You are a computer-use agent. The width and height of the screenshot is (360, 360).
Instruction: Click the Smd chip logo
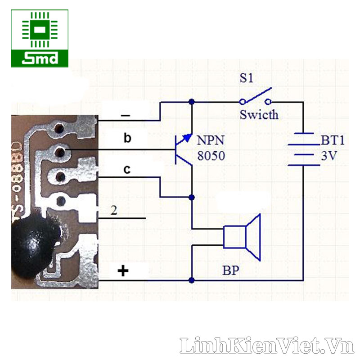40,38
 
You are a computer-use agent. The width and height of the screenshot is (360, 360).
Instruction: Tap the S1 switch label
246,78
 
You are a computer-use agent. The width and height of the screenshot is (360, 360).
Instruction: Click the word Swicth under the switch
259,115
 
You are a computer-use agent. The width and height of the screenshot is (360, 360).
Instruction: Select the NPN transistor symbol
184,149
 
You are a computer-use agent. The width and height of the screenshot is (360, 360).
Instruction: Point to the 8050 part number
211,156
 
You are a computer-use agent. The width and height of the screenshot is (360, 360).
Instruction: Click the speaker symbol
242,237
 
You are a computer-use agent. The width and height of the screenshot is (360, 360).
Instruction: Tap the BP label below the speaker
231,270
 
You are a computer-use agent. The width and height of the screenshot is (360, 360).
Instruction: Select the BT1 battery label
333,140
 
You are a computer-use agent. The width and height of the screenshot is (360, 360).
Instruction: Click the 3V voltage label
329,156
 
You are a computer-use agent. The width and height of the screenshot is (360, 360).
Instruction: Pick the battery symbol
303,149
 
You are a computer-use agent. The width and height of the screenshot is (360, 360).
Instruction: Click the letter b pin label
127,138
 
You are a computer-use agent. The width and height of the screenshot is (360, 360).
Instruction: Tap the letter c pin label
127,170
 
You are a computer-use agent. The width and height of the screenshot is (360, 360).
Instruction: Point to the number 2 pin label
114,210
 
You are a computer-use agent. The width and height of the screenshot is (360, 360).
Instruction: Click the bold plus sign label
123,270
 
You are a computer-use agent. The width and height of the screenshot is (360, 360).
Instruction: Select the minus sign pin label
126,115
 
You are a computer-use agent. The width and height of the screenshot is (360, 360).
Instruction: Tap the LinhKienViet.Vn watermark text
267,345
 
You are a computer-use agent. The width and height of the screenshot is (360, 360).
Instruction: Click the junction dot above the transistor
192,102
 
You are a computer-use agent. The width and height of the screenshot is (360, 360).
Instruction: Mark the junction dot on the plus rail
192,280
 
